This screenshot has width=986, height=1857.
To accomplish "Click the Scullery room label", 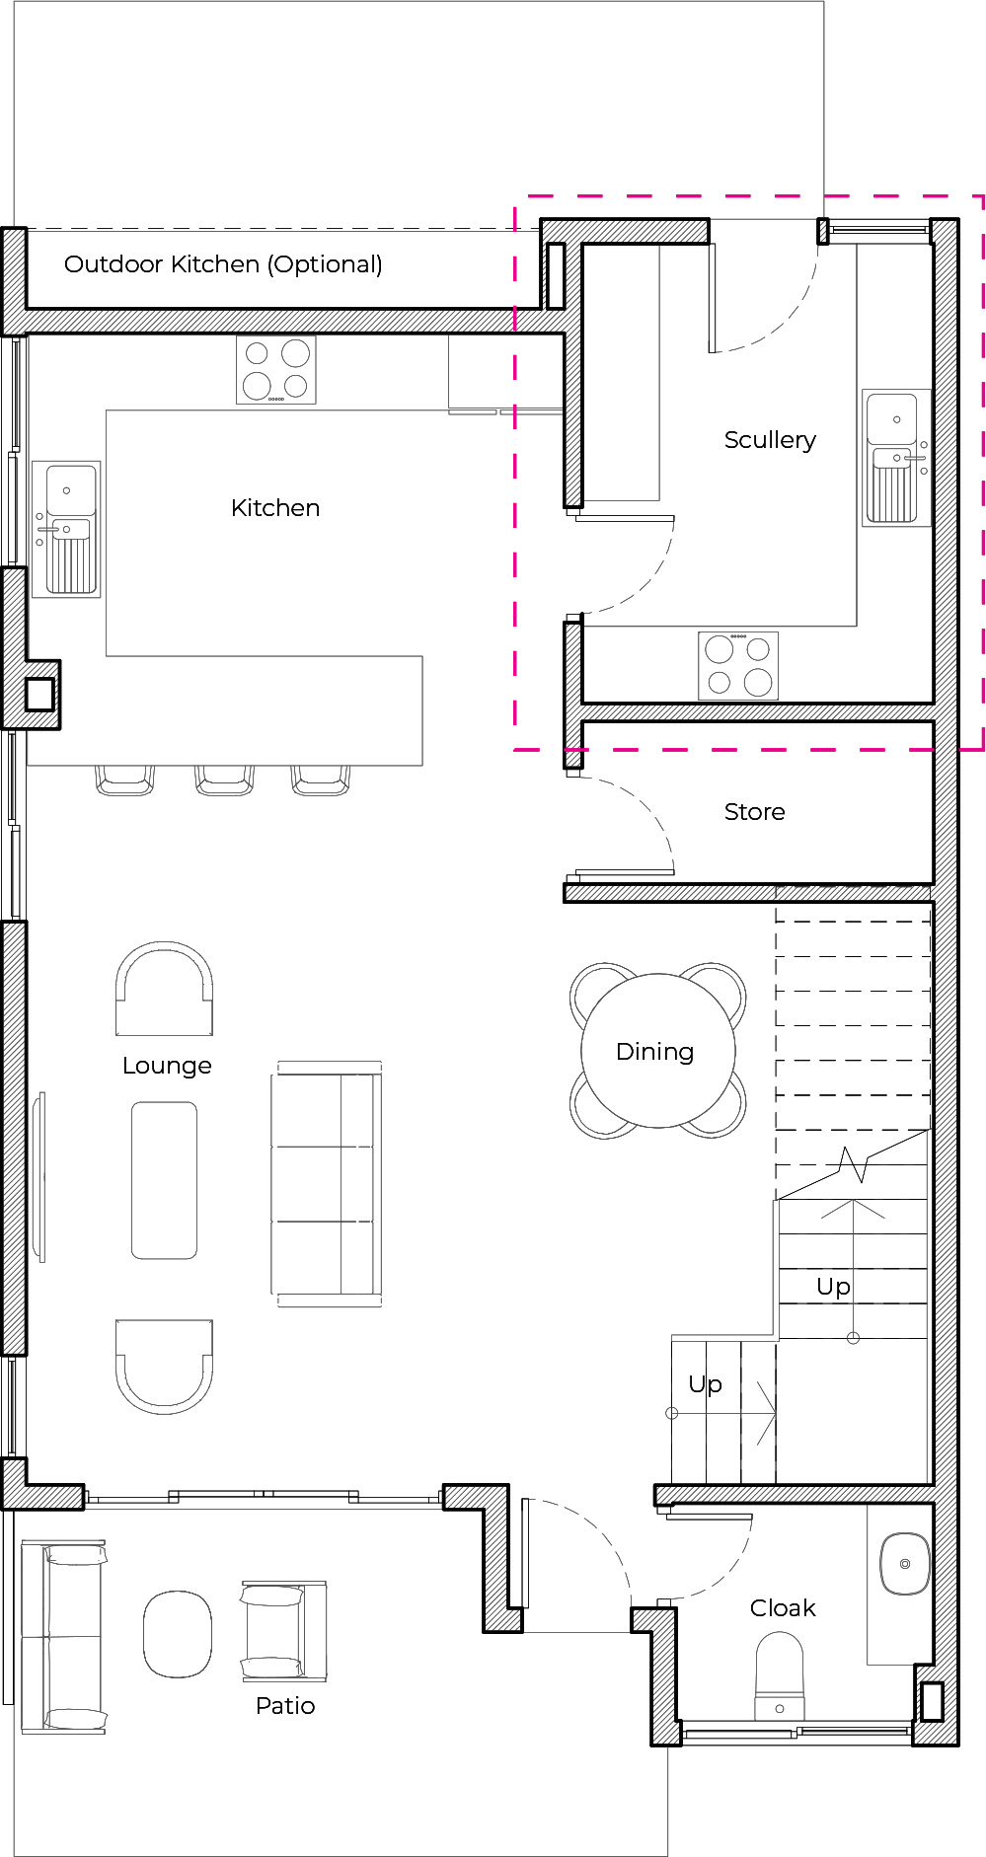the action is (770, 440).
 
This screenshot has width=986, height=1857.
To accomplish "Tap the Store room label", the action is (755, 812).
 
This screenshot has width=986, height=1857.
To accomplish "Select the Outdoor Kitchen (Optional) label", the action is (223, 264).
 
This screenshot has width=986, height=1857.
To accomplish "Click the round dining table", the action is (658, 1051).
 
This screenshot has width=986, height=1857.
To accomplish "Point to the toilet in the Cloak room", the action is (780, 1676).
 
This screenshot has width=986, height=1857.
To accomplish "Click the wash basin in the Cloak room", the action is (904, 1564).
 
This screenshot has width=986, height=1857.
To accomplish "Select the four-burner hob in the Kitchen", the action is (276, 370).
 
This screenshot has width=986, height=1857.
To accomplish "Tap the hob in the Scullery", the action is (738, 666).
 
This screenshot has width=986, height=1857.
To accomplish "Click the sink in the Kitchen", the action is (66, 529).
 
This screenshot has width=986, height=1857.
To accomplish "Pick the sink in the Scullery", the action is (896, 458).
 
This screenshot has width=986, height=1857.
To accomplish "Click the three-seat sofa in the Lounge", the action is (327, 1184).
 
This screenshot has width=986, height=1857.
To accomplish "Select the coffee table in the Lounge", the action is (164, 1180).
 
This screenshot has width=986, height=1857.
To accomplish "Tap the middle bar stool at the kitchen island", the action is (225, 780).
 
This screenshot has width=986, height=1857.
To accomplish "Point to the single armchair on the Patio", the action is (283, 1631).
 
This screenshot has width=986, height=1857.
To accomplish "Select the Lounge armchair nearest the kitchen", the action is (164, 989).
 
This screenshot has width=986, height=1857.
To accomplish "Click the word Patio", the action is (285, 1706).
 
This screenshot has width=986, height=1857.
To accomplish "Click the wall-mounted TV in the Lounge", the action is (39, 1176).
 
